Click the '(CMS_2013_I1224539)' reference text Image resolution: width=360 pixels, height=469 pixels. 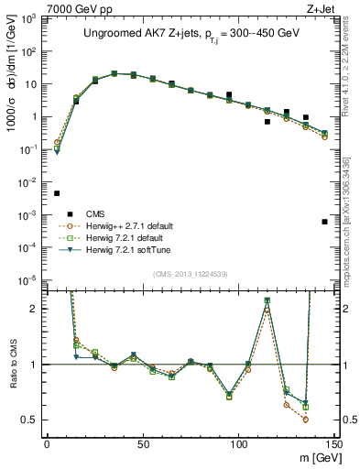(191, 273)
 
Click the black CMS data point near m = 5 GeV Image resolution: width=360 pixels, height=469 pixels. (57, 193)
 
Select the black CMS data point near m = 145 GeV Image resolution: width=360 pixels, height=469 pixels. (324, 222)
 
